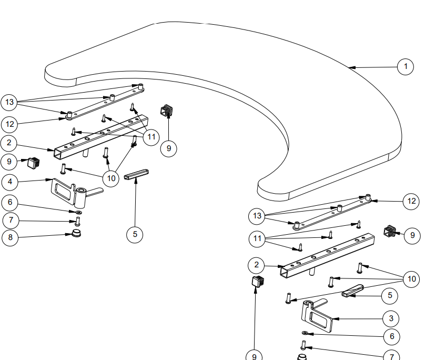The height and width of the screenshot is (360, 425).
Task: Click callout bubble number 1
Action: point(406,67)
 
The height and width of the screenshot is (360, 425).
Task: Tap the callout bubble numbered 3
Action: point(391,318)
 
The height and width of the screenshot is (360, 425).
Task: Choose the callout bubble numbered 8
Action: point(11,237)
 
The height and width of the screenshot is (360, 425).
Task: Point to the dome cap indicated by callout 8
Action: point(77,233)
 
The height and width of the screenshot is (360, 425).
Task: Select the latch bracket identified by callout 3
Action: point(318,316)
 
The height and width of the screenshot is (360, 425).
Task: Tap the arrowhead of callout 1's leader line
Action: point(351,67)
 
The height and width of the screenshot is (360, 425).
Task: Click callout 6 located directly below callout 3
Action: point(391,336)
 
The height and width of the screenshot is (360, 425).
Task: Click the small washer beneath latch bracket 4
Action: point(78,212)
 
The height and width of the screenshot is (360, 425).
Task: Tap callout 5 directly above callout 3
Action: point(390,295)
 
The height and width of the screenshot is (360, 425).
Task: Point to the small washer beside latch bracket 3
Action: point(305,333)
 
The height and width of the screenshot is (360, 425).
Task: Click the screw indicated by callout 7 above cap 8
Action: point(77,222)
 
